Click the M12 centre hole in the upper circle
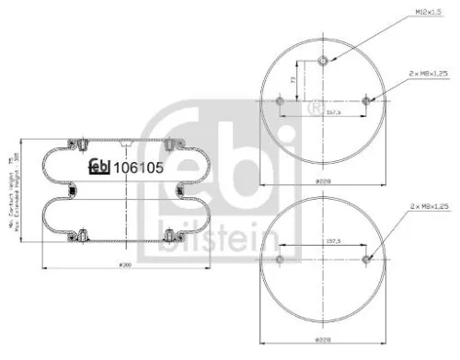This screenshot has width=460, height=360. [x=322, y=62]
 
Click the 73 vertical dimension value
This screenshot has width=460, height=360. [x=292, y=82]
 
